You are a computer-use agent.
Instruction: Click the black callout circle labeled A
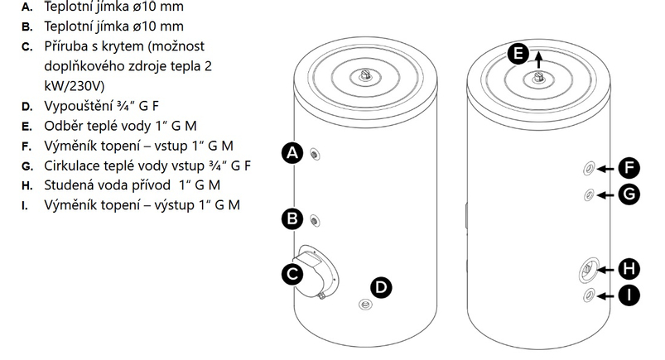click(x=292, y=152)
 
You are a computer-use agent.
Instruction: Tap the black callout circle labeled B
click(x=292, y=219)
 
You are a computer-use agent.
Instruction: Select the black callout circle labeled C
click(x=292, y=274)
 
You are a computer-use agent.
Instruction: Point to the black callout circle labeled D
click(x=381, y=287)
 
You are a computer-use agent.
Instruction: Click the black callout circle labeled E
click(x=517, y=54)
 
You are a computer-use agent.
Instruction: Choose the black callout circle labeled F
click(x=629, y=169)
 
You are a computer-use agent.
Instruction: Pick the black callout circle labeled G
click(x=629, y=194)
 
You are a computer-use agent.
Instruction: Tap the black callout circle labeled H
click(x=629, y=268)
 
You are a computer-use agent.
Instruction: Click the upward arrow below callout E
click(x=539, y=59)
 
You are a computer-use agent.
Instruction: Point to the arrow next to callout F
click(x=606, y=169)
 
